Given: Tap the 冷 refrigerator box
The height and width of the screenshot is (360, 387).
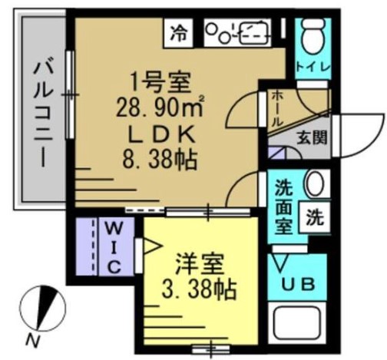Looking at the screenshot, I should click(178, 33).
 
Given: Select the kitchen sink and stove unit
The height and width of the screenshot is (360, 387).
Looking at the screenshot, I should click(238, 33).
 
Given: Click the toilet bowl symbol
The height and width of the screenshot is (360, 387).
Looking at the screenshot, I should click(313, 36).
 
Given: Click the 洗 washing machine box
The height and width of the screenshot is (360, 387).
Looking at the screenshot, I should click(315, 217).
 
